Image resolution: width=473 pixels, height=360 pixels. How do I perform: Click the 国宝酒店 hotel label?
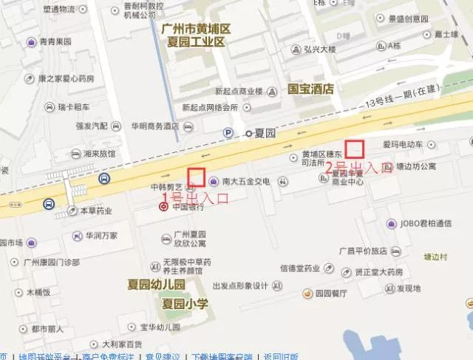tap(311, 89)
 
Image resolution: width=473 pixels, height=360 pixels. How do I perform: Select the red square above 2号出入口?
tap(355, 149)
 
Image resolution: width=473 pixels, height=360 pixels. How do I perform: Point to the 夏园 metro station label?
tap(264, 133)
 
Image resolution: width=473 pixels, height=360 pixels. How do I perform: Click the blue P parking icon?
tap(228, 132)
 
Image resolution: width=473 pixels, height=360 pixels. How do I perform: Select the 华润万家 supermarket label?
tap(101, 236)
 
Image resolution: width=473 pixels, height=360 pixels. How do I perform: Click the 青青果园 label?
tap(55, 42)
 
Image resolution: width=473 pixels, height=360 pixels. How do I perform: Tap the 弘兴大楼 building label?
tap(319, 50)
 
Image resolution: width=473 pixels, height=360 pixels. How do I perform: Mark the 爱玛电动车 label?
tap(402, 144)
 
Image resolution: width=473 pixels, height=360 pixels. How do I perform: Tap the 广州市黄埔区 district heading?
tap(196, 28)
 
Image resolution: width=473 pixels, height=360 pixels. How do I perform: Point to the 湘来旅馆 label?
tap(99, 154)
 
